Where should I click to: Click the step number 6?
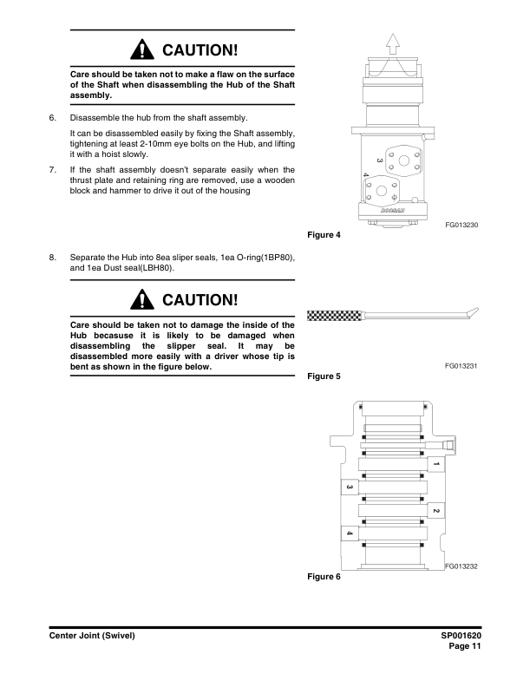(52, 117)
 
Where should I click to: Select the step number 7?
(52, 170)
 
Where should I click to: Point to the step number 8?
(52, 258)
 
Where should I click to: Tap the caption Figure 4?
(324, 234)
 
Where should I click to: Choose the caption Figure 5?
(324, 377)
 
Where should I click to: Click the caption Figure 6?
(324, 576)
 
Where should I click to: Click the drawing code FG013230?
(461, 225)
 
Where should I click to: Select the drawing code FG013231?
(461, 367)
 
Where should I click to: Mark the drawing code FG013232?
(461, 566)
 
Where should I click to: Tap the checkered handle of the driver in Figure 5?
(333, 315)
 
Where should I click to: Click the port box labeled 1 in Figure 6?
(436, 465)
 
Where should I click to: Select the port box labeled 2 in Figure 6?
(435, 511)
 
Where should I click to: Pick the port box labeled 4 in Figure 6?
(349, 533)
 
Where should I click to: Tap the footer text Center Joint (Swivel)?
(92, 636)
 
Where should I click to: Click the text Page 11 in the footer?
(465, 646)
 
